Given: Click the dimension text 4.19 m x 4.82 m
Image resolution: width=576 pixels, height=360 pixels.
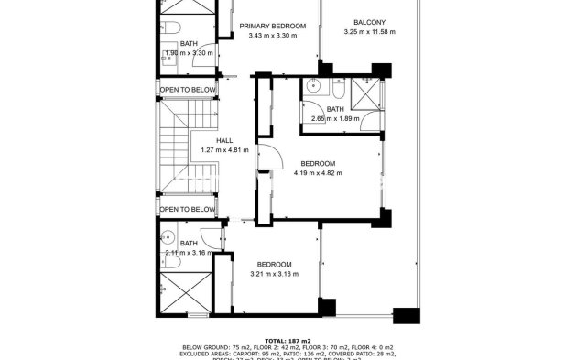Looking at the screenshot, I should coord(318,172).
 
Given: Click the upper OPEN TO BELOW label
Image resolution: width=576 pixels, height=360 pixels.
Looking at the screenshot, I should coord(189,90).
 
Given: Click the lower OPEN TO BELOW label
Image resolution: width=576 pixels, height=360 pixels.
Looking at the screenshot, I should coord(189,209).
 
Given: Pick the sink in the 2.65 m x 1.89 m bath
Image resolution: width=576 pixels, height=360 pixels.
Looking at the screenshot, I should coord(313,89).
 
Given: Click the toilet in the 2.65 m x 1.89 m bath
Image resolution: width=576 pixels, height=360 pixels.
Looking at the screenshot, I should coord(337,90).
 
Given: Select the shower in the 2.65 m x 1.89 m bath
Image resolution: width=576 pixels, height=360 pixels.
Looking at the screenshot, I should coord(366,96).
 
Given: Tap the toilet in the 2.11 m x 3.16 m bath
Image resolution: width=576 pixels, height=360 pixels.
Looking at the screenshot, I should coord(170,262).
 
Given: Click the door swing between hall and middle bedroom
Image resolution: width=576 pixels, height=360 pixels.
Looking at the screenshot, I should coord(265,158).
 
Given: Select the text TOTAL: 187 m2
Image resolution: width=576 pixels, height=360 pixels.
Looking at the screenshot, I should coord(287,339).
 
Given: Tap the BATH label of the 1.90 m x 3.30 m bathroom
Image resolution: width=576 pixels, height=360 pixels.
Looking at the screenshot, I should coord(189,43).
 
